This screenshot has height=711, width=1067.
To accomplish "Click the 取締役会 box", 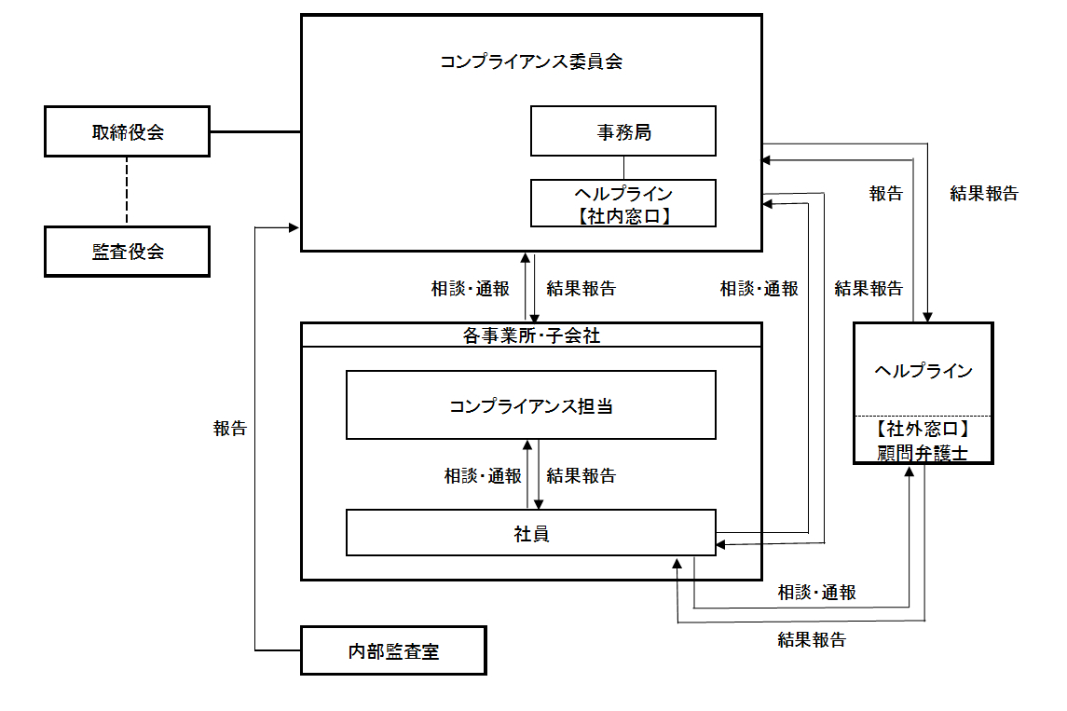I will [128, 131].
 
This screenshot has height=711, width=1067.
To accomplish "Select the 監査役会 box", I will [128, 252].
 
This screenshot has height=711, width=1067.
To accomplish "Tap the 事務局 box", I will [623, 131].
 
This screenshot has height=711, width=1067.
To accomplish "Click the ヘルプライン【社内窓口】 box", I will [623, 204].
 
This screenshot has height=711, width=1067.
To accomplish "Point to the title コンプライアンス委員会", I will [531, 62].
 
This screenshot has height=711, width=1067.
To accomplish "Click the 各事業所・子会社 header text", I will [531, 335].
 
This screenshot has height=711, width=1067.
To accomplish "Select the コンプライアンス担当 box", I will [531, 406].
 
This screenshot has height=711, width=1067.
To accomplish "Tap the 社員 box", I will [531, 534].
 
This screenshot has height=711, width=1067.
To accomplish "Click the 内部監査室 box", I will [393, 651].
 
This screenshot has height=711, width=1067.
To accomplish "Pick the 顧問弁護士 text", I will [923, 454].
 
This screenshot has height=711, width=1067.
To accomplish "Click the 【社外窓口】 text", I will [923, 430].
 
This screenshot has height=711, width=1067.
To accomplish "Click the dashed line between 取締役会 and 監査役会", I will [128, 191].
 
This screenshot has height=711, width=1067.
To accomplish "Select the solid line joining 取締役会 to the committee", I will [254, 131].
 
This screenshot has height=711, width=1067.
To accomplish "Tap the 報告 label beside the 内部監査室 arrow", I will [230, 429].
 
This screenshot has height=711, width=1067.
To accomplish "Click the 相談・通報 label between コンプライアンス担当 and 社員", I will [483, 476].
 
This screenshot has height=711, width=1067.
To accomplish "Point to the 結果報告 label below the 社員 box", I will [812, 640].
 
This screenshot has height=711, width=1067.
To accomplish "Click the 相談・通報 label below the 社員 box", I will [817, 593].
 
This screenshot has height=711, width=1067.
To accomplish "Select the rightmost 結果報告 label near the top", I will [984, 194].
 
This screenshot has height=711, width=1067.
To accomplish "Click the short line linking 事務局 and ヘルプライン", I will [623, 168].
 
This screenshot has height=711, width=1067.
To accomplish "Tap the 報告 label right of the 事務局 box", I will [885, 194].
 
